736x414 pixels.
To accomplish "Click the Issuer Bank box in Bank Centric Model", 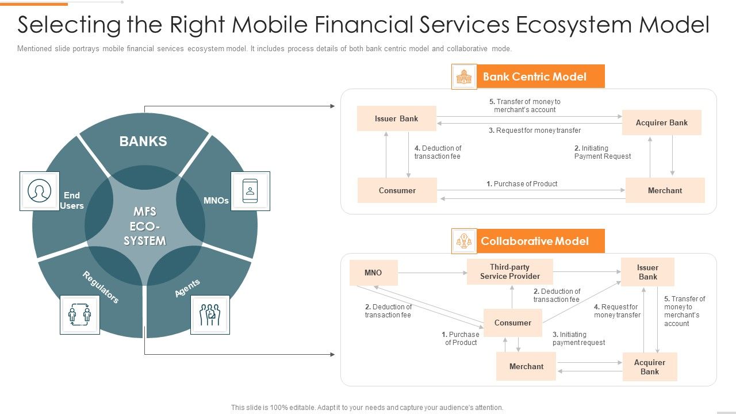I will [x=396, y=118].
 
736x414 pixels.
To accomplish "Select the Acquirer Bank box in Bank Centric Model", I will [x=661, y=122].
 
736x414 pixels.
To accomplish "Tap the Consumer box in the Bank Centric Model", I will [x=397, y=190].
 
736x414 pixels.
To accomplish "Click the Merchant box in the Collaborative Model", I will [x=526, y=367].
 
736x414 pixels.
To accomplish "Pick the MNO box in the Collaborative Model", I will [x=373, y=273].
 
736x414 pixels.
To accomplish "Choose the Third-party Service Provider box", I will [x=510, y=272].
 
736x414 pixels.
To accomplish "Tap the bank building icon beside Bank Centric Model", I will [x=464, y=76].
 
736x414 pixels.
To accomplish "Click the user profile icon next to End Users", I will [x=40, y=191].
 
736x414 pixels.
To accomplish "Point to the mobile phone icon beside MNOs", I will [x=250, y=191].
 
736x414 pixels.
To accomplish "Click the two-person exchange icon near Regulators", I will [x=80, y=315].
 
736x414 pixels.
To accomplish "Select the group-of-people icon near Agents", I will [x=210, y=315].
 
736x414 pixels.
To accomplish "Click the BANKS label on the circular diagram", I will [x=143, y=141].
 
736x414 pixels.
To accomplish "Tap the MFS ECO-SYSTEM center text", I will [x=144, y=227].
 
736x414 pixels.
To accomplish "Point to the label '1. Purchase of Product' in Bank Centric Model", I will [x=522, y=184].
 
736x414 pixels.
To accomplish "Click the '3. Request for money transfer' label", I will [x=535, y=131].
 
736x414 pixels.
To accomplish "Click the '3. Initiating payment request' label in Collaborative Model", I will [x=578, y=338].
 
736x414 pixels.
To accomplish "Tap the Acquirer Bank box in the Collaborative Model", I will [x=650, y=367].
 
